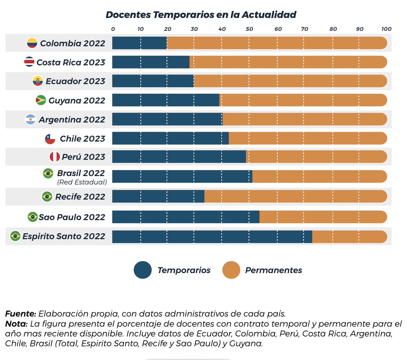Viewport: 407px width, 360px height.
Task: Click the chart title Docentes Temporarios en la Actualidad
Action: [x=201, y=15]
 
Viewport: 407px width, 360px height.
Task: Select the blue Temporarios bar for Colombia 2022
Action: [x=139, y=43]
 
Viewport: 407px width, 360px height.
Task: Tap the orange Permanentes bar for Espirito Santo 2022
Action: [x=349, y=237]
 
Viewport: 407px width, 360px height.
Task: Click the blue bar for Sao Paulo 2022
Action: [x=186, y=217]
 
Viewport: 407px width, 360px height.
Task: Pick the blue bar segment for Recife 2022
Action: [x=158, y=196]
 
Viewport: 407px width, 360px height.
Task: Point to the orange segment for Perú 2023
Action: [x=316, y=157]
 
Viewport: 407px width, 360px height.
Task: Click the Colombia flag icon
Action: [x=32, y=43]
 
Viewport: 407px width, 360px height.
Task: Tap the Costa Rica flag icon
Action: [x=29, y=62]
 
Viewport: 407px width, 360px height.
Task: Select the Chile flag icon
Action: [x=50, y=139]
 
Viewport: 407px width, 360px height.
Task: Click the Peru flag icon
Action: [x=55, y=157]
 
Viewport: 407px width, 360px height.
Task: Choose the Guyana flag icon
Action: [x=41, y=100]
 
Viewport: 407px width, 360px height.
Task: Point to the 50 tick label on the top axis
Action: [x=249, y=29]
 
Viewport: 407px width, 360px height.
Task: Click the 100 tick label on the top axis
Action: [x=386, y=29]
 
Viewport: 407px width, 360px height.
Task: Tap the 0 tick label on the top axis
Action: [x=113, y=29]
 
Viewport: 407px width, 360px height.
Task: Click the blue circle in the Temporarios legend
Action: [x=143, y=270]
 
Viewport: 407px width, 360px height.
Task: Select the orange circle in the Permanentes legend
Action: [x=231, y=270]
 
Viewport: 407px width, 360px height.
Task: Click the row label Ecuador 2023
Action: [x=75, y=81]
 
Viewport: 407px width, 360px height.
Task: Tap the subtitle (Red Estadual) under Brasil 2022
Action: [x=82, y=182]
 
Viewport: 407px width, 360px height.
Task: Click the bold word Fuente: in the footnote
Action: [x=21, y=314]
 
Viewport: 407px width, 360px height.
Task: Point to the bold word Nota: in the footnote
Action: [x=16, y=324]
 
